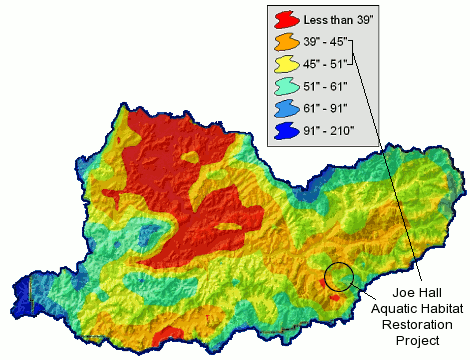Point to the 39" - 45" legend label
[x=329, y=43]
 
